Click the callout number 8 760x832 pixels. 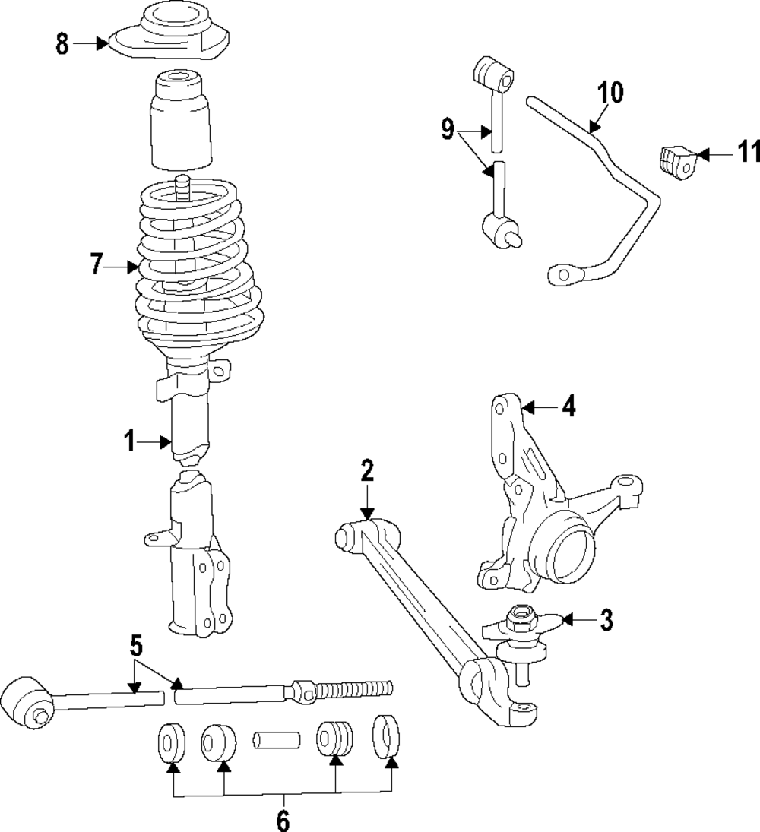[62, 44]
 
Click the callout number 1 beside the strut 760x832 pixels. [130, 440]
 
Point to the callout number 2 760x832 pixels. [367, 472]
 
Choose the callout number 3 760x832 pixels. [606, 620]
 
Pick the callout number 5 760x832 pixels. [136, 647]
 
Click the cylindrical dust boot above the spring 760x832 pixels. [179, 122]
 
